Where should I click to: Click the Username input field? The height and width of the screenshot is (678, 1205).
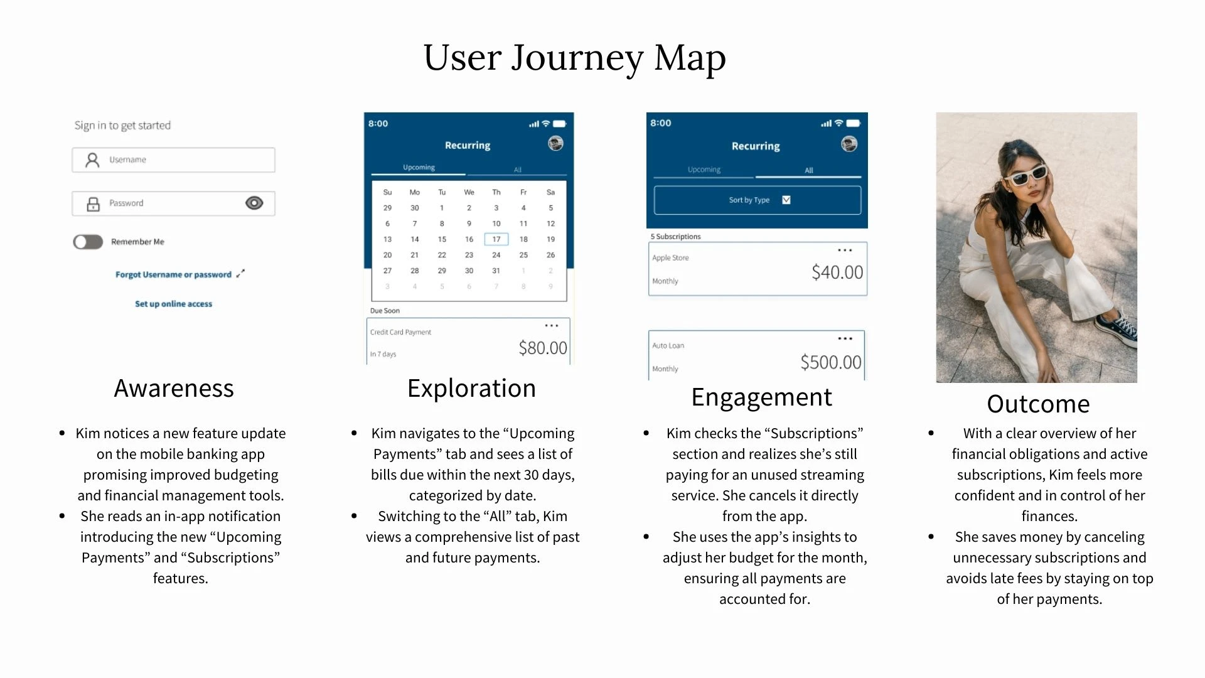tap(173, 160)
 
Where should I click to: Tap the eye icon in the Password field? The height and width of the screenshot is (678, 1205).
tap(254, 203)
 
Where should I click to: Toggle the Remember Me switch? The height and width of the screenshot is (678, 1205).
tap(88, 242)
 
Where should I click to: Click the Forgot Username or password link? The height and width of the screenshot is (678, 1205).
tap(173, 274)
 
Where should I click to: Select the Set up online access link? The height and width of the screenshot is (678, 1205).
tap(174, 304)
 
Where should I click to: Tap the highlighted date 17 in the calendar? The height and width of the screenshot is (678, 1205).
tap(496, 239)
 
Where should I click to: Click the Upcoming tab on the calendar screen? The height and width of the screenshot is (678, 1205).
tap(419, 168)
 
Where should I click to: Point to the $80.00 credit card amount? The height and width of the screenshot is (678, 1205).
tap(543, 348)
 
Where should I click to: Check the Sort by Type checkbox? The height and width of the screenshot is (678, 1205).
tap(786, 200)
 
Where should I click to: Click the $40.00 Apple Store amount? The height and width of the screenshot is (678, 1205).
tap(837, 272)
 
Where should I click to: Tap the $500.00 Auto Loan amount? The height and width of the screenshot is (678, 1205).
tap(831, 362)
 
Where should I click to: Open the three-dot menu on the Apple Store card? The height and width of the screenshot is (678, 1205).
tap(845, 250)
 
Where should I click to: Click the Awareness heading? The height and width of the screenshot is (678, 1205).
tap(174, 389)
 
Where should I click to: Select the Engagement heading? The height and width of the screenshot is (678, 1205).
tap(762, 397)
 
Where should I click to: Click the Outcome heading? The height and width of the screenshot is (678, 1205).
tap(1038, 404)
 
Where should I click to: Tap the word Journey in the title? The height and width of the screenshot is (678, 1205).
tap(577, 58)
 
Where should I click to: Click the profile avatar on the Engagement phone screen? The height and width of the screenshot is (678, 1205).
tap(849, 144)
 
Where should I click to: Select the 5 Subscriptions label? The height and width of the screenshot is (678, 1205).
tap(675, 237)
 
